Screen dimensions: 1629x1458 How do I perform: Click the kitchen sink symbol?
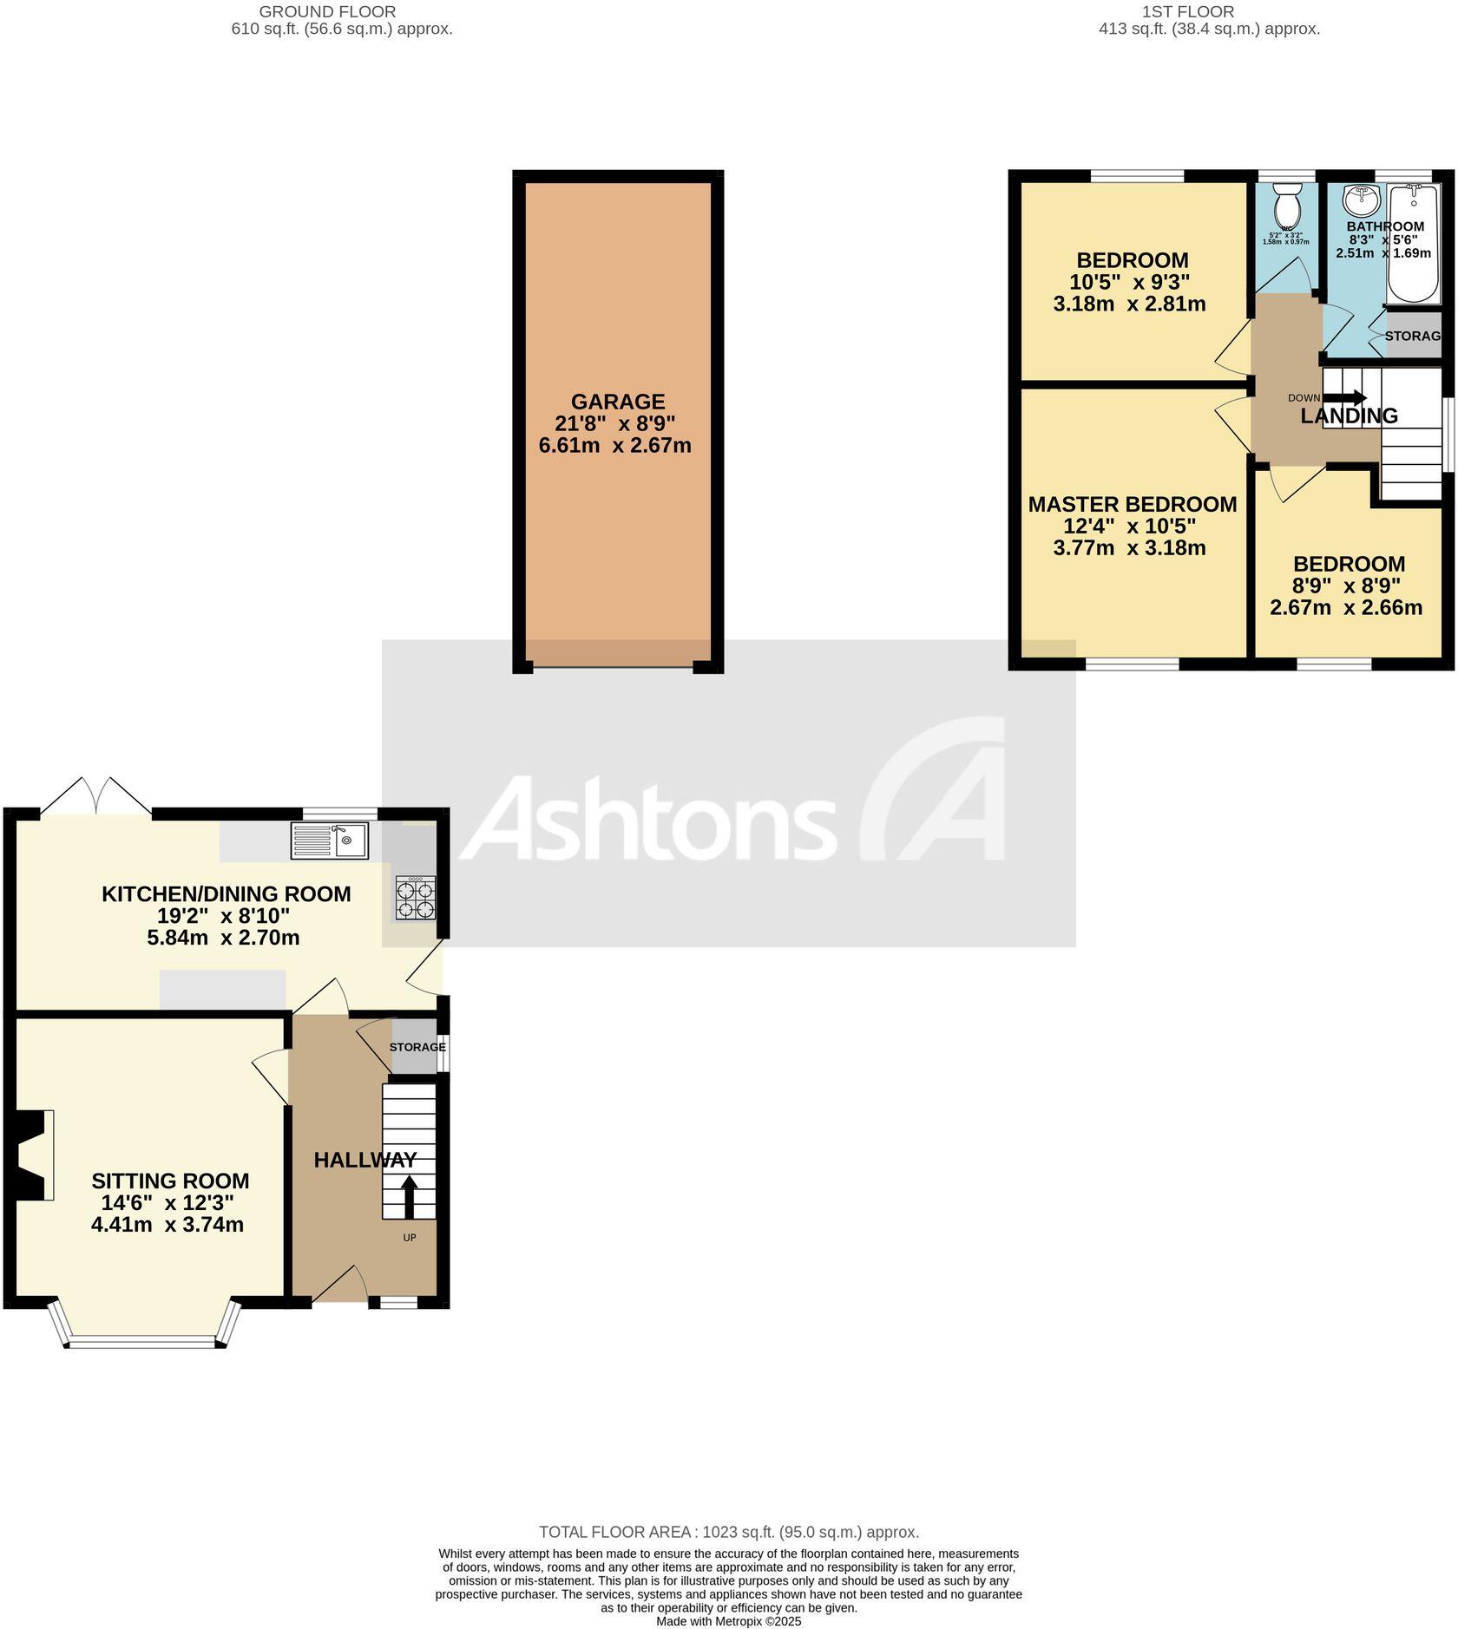coord(331,840)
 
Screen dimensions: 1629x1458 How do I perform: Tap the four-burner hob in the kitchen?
coord(416,898)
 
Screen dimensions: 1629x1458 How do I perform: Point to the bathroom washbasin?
coord(1360,201)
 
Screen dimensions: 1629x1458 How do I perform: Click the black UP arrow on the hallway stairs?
coord(409,1196)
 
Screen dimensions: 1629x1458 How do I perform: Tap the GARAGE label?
coord(618,402)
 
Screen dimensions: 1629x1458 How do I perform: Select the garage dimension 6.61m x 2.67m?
coord(614,446)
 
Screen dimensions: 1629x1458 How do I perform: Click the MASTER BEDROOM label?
coord(1133,504)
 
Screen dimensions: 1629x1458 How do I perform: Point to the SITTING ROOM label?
coord(170,1181)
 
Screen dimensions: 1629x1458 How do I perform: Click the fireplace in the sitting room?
coord(33,1154)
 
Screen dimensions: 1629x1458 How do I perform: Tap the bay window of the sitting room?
coord(144,1342)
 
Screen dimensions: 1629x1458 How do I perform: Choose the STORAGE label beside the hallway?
coord(417,1047)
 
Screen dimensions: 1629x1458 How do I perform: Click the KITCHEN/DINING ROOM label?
coord(227,893)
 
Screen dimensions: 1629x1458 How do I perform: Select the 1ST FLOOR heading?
coord(1188,12)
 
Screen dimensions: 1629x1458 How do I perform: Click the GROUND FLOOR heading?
coord(327,12)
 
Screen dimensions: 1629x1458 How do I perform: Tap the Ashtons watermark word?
coord(647,818)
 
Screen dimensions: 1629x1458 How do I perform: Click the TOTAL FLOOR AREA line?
coord(728,1532)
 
